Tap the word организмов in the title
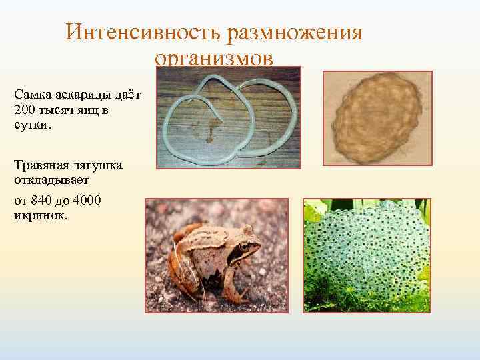point(214,59)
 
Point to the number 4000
point(90,200)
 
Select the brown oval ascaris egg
point(377,118)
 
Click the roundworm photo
point(229,120)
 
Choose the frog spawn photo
point(367,255)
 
